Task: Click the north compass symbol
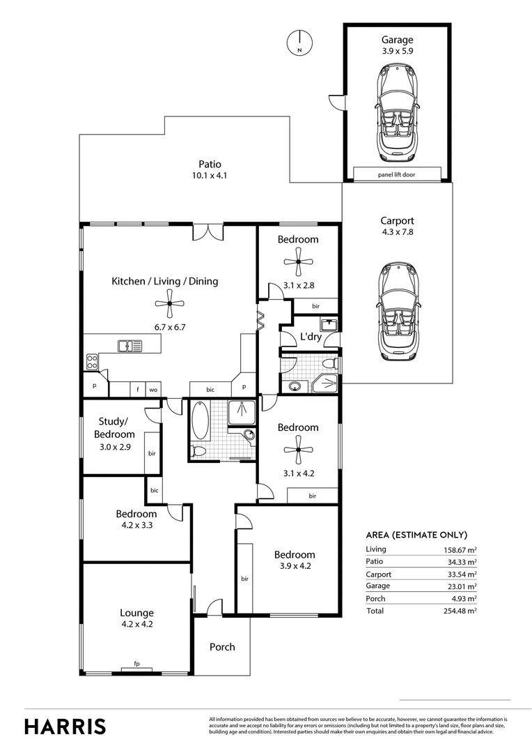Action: coord(298,43)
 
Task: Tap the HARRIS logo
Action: coord(65,726)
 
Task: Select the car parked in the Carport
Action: coord(397,311)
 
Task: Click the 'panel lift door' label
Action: coord(397,174)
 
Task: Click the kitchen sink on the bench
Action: coord(130,344)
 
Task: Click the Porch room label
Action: coord(222,647)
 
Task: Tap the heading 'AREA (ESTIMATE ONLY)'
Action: coord(416,535)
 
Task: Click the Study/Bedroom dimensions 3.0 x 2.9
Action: coord(115,448)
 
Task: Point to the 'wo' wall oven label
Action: coord(152,390)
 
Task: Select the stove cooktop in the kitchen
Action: coord(91,361)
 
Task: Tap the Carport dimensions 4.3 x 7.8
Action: coord(397,232)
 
